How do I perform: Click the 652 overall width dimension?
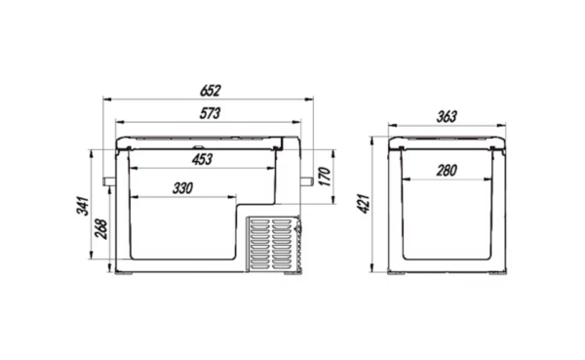[211, 91]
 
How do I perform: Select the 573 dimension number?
[210, 113]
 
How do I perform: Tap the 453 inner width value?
[202, 159]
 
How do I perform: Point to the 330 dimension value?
[183, 188]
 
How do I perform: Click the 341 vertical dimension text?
[83, 206]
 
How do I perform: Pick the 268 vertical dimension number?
[101, 229]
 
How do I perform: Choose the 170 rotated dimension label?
[325, 177]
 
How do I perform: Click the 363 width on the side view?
[447, 117]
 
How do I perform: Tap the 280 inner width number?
[447, 171]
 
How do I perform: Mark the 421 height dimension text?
[364, 204]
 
